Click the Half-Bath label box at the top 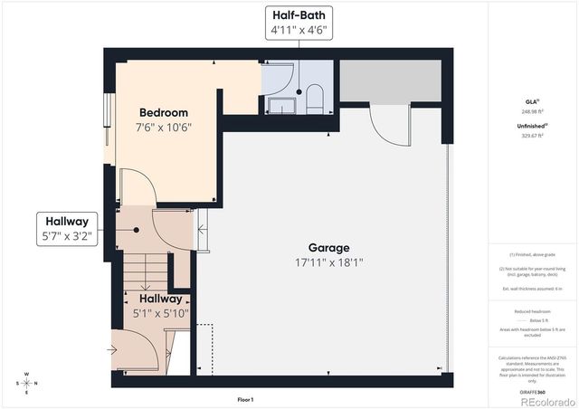tap(298, 23)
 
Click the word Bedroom tap(163, 112)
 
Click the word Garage tap(327, 247)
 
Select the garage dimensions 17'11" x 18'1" tap(327, 262)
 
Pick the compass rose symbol tap(27, 382)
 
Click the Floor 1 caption tap(245, 399)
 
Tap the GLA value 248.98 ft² tap(533, 111)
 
